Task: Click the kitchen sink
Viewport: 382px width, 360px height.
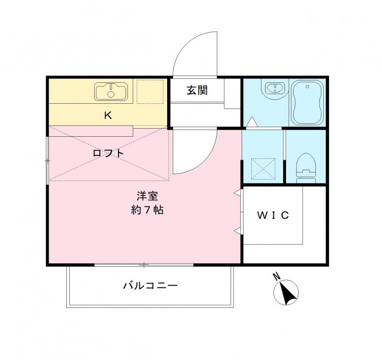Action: click(111, 91)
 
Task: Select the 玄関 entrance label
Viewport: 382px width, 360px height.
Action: click(197, 90)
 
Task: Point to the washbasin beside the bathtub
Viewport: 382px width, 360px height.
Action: click(275, 88)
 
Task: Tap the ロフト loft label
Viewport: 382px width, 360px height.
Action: click(108, 153)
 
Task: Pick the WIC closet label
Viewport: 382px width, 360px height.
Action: click(273, 215)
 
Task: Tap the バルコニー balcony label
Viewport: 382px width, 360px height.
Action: click(150, 286)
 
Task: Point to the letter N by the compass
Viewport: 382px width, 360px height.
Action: click(276, 276)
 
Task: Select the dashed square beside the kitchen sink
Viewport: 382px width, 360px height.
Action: click(149, 91)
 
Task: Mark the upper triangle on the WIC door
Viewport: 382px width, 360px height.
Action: click(237, 192)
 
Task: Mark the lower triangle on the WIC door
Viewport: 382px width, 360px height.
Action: click(237, 231)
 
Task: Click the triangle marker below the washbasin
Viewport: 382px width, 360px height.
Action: click(251, 122)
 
